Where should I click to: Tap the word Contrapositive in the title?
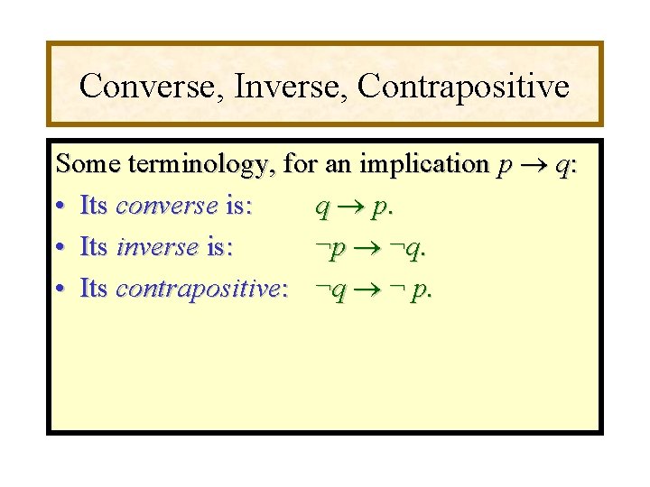pos(463,87)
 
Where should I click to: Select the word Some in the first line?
pos(88,164)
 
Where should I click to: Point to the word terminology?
pos(202,166)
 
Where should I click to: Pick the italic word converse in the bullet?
pos(167,207)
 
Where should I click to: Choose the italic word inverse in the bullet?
pos(158,248)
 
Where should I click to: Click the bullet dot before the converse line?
pos(60,207)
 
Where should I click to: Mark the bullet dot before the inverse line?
pos(60,248)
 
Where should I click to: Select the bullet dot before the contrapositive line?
pos(60,289)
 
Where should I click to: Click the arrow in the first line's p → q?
pos(532,165)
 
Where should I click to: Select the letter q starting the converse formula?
pos(322,208)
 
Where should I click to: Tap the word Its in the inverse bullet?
pos(94,248)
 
